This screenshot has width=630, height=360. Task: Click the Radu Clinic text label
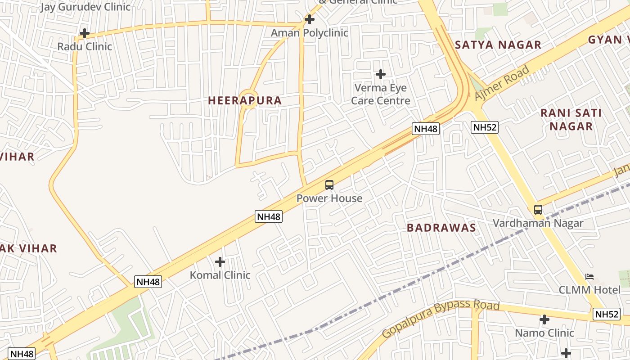(x=85, y=46)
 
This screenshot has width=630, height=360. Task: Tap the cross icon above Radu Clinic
(x=85, y=33)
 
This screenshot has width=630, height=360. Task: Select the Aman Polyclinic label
(x=310, y=33)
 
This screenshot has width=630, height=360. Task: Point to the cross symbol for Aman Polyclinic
(x=310, y=19)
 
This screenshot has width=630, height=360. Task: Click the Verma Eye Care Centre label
(x=381, y=94)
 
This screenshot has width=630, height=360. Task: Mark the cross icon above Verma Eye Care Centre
(x=381, y=74)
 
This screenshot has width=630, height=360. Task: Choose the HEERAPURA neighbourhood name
(x=245, y=101)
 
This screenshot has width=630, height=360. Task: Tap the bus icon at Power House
(x=329, y=185)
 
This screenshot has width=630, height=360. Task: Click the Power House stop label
(x=329, y=198)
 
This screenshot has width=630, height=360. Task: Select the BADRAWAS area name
(x=441, y=228)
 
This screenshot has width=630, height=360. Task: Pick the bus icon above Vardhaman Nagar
(x=538, y=210)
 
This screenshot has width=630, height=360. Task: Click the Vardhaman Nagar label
(x=538, y=223)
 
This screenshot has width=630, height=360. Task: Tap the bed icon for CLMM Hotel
(x=589, y=276)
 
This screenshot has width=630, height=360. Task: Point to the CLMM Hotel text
(x=589, y=290)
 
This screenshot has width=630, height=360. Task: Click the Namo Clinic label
(x=544, y=333)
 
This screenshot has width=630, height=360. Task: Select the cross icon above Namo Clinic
(x=544, y=320)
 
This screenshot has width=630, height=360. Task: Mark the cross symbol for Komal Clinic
(x=220, y=262)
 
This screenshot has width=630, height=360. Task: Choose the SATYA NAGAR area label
(x=498, y=45)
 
